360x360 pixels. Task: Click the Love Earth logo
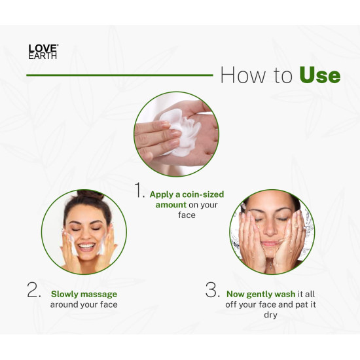tap(43, 52)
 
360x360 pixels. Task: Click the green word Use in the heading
tap(319, 75)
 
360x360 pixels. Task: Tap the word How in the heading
tap(243, 75)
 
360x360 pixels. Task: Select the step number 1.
tap(139, 190)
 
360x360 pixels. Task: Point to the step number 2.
tap(34, 292)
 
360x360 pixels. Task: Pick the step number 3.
tap(211, 290)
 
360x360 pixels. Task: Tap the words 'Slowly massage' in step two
tap(83, 294)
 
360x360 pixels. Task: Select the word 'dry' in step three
tap(271, 315)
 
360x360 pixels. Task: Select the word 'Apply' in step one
tap(162, 194)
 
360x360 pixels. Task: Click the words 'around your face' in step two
tap(84, 304)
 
